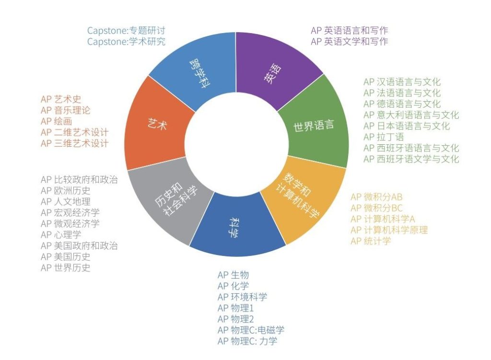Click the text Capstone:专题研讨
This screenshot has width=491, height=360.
coord(126,30)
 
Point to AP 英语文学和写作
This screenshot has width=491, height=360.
coord(350,41)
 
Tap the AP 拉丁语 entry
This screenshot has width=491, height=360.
coord(384,137)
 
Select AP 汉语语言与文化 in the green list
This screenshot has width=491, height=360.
coord(402,82)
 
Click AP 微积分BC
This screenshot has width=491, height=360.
coord(377,208)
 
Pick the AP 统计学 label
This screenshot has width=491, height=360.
coord(371,241)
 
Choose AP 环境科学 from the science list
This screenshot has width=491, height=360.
coord(242,297)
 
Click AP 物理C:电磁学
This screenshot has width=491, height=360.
coord(251,330)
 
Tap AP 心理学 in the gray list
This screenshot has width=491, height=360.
coord(61,234)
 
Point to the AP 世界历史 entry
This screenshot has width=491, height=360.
coord(65,267)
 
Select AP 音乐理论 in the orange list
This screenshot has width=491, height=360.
coord(65,110)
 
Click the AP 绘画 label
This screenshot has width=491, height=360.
coord(57,121)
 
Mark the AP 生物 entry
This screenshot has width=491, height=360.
coord(234,275)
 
